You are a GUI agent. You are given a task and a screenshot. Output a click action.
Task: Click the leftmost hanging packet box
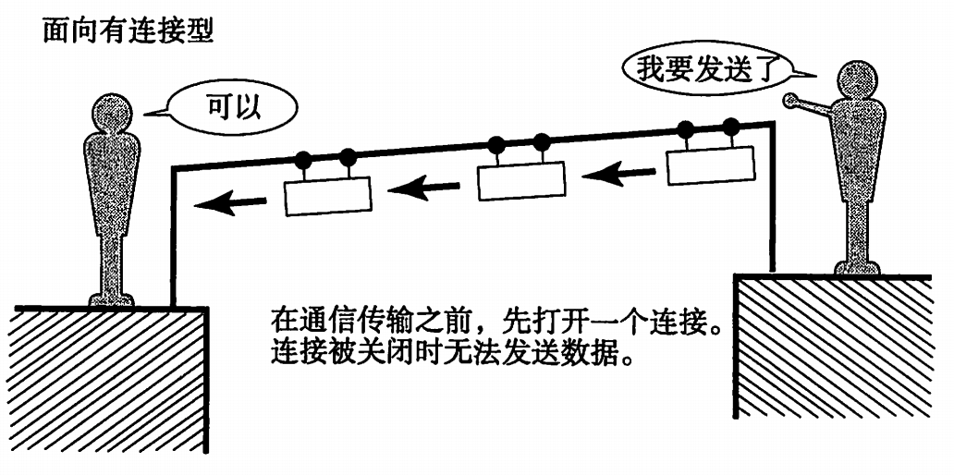click(x=328, y=196)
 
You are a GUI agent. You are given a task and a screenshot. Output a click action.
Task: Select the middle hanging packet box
click(x=520, y=180)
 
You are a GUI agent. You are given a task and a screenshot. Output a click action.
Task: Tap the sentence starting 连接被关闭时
click(x=453, y=353)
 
